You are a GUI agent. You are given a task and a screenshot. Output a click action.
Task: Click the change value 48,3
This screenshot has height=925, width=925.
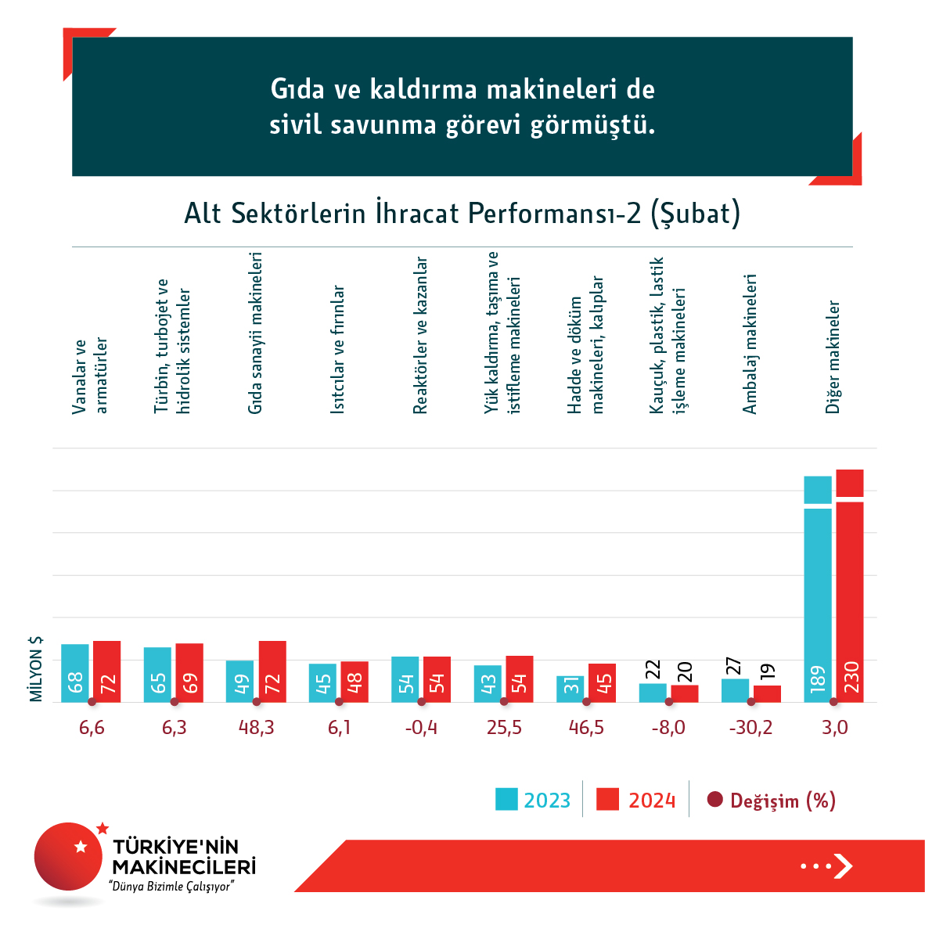click(257, 728)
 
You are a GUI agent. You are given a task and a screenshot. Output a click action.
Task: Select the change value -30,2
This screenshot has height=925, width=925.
click(750, 728)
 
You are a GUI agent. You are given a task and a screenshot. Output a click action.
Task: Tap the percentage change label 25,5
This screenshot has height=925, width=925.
click(504, 728)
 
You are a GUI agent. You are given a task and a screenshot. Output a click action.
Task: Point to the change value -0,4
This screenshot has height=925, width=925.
click(422, 728)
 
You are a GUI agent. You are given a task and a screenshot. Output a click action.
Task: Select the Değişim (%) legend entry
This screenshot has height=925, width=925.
click(772, 801)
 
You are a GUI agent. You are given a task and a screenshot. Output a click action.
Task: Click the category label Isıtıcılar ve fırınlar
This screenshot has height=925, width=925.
click(338, 349)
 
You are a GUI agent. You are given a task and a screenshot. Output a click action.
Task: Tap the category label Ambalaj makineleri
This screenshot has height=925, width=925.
click(750, 344)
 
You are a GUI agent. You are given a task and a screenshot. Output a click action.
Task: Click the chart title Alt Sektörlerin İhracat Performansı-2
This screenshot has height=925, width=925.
click(462, 214)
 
